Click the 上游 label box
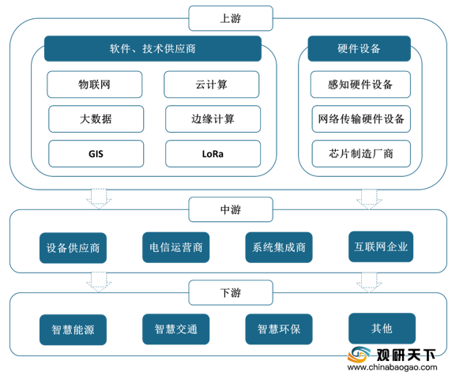tap(231, 18)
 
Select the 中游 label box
tap(231, 209)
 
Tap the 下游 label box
tap(231, 292)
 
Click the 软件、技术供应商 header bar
tap(153, 48)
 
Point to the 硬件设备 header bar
tap(360, 48)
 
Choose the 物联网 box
tap(95, 85)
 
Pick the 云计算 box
tap(212, 85)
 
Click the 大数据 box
tap(96, 119)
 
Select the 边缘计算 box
tap(213, 119)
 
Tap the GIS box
tap(96, 154)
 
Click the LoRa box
tap(213, 154)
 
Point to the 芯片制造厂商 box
tap(361, 154)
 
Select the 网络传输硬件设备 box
tap(361, 119)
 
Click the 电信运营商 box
tap(176, 247)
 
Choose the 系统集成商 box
tap(279, 247)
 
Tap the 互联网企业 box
tap(381, 246)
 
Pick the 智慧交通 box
tap(176, 329)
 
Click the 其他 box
tap(382, 329)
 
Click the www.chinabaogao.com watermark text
tap(393, 367)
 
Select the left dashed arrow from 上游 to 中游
tap(99, 199)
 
